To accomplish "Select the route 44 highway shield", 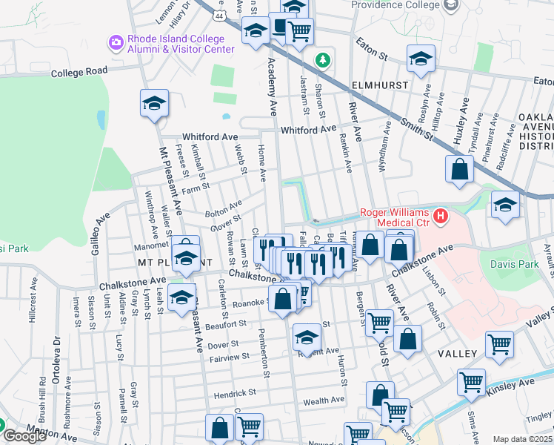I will pyautogui.click(x=219, y=15).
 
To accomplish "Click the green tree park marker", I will pyautogui.click(x=322, y=59).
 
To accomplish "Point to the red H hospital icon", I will pyautogui.click(x=441, y=217).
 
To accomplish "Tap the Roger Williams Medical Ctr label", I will pyautogui.click(x=395, y=217).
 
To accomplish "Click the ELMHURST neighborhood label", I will pyautogui.click(x=380, y=85).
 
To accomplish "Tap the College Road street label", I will pyautogui.click(x=79, y=72).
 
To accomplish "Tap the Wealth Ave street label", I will pyautogui.click(x=324, y=400).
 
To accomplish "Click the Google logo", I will pyautogui.click(x=24, y=437).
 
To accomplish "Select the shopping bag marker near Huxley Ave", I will pyautogui.click(x=459, y=169).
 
